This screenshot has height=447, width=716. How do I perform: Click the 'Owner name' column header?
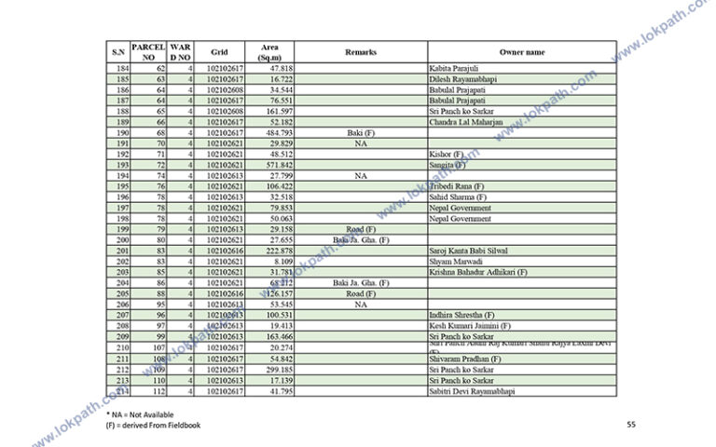521,52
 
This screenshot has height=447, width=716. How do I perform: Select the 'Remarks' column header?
360,52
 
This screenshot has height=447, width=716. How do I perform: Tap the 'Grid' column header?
219,52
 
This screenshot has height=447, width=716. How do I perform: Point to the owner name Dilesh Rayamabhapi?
462,79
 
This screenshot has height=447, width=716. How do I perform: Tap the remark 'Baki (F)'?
360,133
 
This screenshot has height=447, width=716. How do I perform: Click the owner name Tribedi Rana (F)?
457,186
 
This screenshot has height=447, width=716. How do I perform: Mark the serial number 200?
121,239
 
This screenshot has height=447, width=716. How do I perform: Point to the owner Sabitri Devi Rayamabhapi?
472,390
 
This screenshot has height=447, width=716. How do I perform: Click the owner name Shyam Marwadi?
457,262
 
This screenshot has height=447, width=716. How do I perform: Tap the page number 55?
631,425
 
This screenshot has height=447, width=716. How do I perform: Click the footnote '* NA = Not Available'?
141,413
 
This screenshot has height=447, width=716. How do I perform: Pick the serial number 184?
121,69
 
